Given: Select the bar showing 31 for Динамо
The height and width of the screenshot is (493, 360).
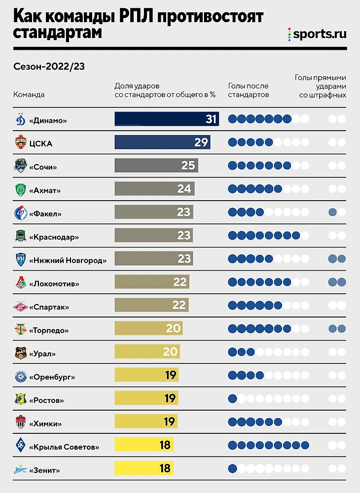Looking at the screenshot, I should click(x=167, y=119).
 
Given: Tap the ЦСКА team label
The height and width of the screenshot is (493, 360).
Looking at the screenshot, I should click(x=41, y=143).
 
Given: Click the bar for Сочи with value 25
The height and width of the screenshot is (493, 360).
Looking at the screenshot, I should click(x=156, y=166).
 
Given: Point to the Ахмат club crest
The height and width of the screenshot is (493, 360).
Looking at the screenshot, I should click(x=20, y=189).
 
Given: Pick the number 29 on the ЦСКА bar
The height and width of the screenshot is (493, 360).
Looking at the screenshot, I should click(x=201, y=142).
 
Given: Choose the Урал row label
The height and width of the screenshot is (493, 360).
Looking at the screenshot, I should click(x=42, y=353).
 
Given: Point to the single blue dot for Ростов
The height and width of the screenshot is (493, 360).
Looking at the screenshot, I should click(x=232, y=399).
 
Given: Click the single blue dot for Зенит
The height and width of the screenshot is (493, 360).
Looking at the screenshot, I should click(x=232, y=468).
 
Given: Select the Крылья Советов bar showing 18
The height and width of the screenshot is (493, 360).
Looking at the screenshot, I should click(x=144, y=445).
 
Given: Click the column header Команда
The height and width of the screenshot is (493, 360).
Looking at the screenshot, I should click(x=29, y=95).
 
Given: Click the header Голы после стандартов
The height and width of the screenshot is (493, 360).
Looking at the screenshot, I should click(x=249, y=90).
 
